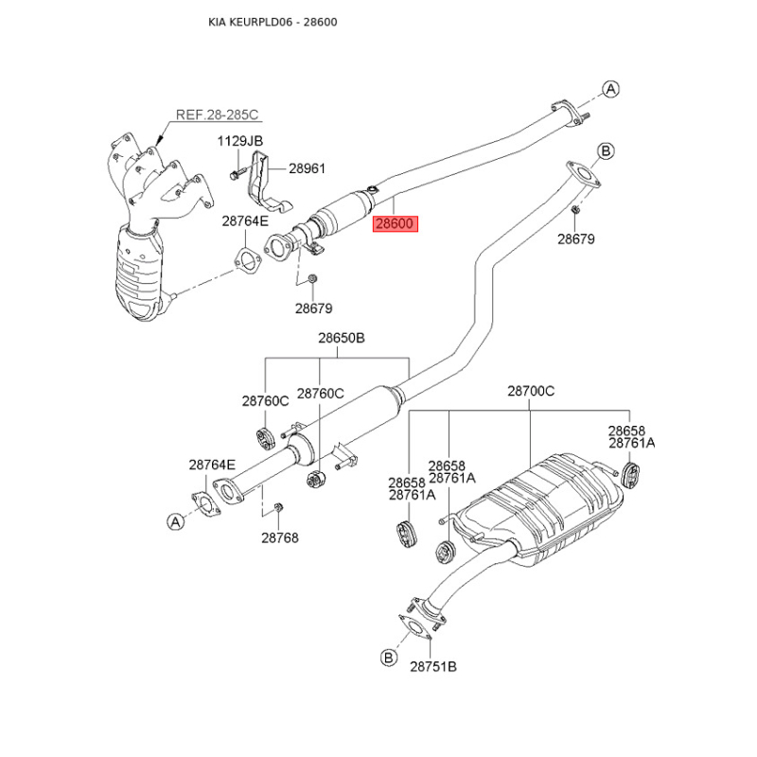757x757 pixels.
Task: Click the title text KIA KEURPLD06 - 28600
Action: pyautogui.click(x=274, y=21)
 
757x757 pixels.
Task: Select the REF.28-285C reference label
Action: pyautogui.click(x=217, y=115)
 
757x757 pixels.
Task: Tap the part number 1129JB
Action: pyautogui.click(x=241, y=141)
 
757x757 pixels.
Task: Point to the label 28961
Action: pyautogui.click(x=307, y=168)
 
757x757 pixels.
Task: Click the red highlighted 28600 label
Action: pyautogui.click(x=395, y=224)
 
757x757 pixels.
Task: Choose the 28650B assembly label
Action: pyautogui.click(x=340, y=339)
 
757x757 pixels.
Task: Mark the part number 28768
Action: pyautogui.click(x=280, y=537)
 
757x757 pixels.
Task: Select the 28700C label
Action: pyautogui.click(x=531, y=390)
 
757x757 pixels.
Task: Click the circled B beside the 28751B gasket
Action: pyautogui.click(x=388, y=656)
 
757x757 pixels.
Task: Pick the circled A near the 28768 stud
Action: pyautogui.click(x=174, y=521)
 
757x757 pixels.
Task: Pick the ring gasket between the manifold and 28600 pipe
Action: pyautogui.click(x=243, y=259)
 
